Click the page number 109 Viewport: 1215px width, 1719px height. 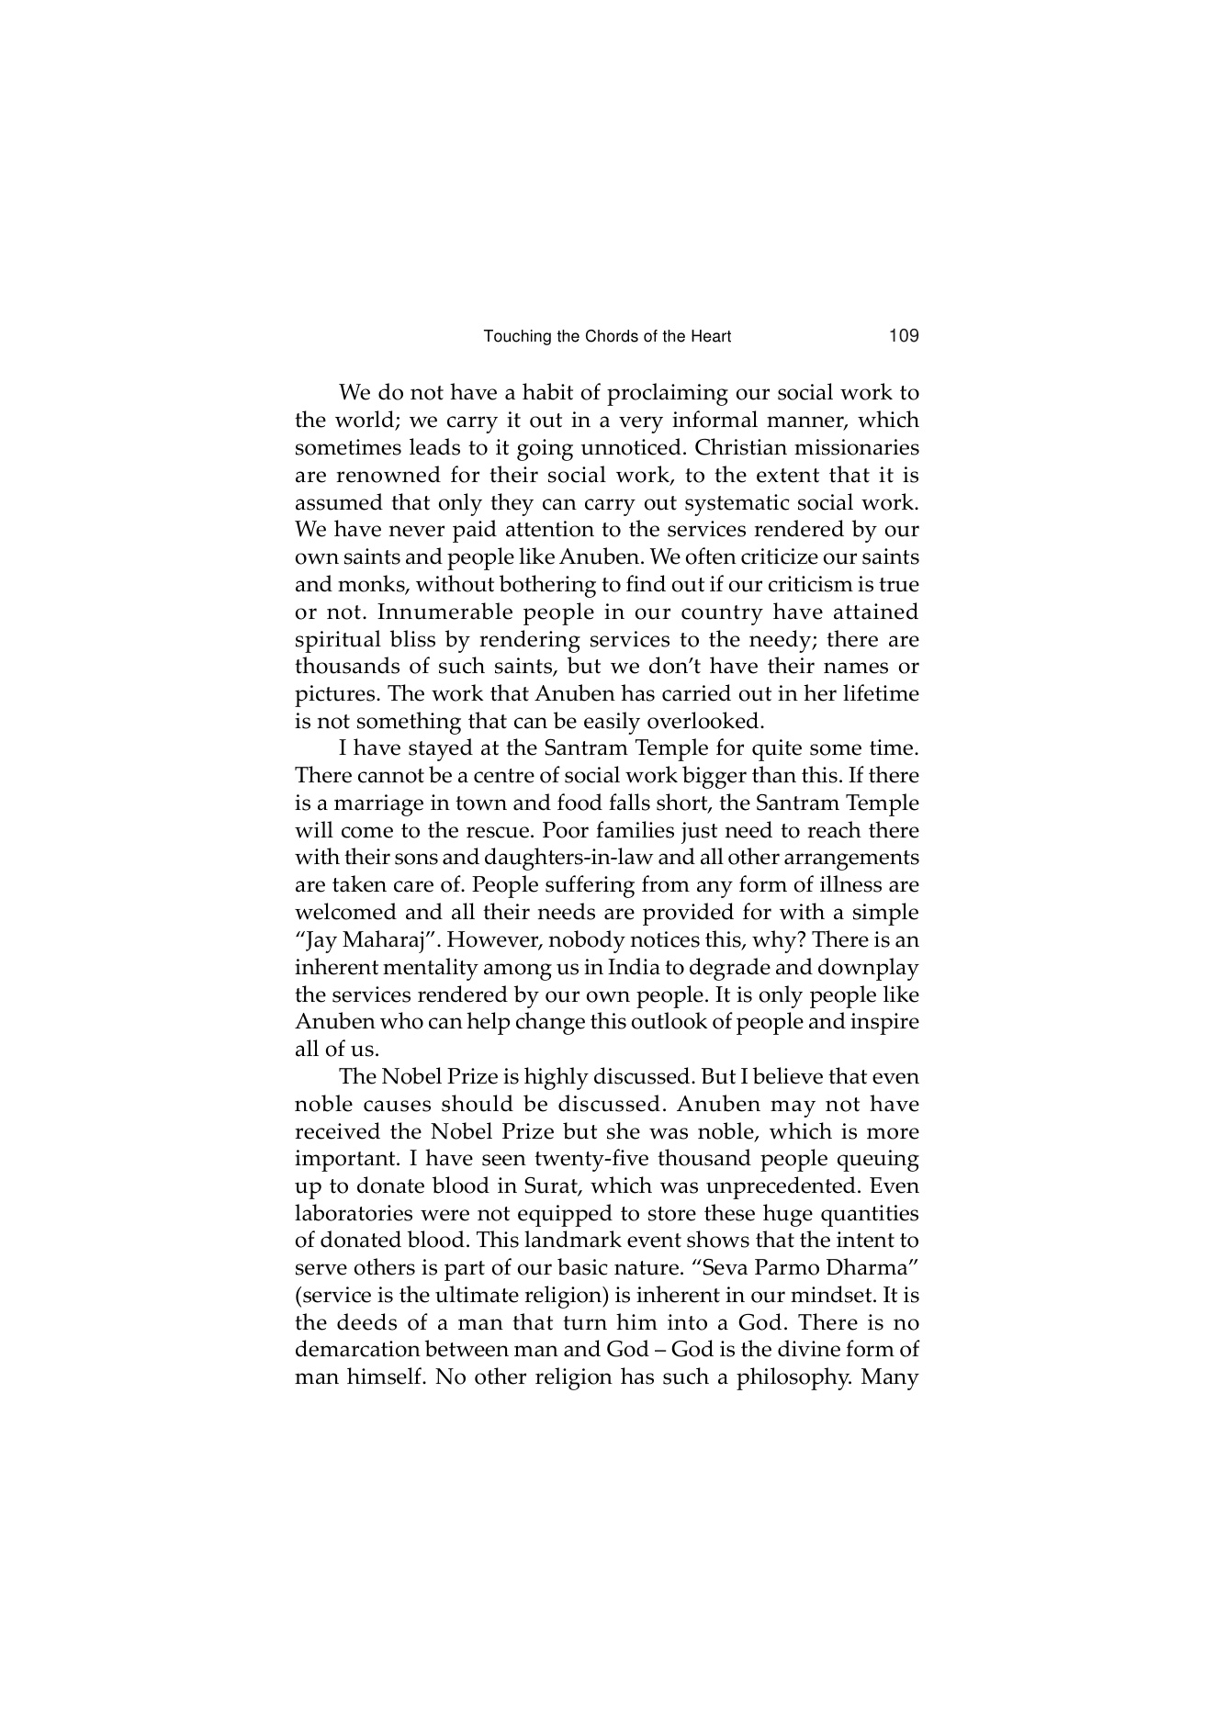904,336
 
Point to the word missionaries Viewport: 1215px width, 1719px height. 856,448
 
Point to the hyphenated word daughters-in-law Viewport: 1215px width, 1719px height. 608,859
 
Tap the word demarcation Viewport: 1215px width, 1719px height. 357,1351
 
